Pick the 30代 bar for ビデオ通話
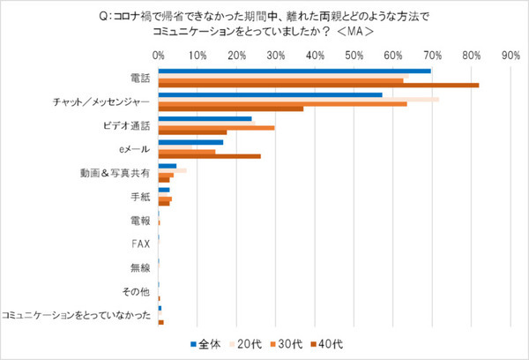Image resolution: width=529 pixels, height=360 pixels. tap(216, 128)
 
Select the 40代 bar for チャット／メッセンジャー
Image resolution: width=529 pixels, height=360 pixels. tap(231, 109)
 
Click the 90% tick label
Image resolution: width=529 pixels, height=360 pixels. tap(510, 55)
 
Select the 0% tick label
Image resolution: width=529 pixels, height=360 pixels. tap(159, 55)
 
